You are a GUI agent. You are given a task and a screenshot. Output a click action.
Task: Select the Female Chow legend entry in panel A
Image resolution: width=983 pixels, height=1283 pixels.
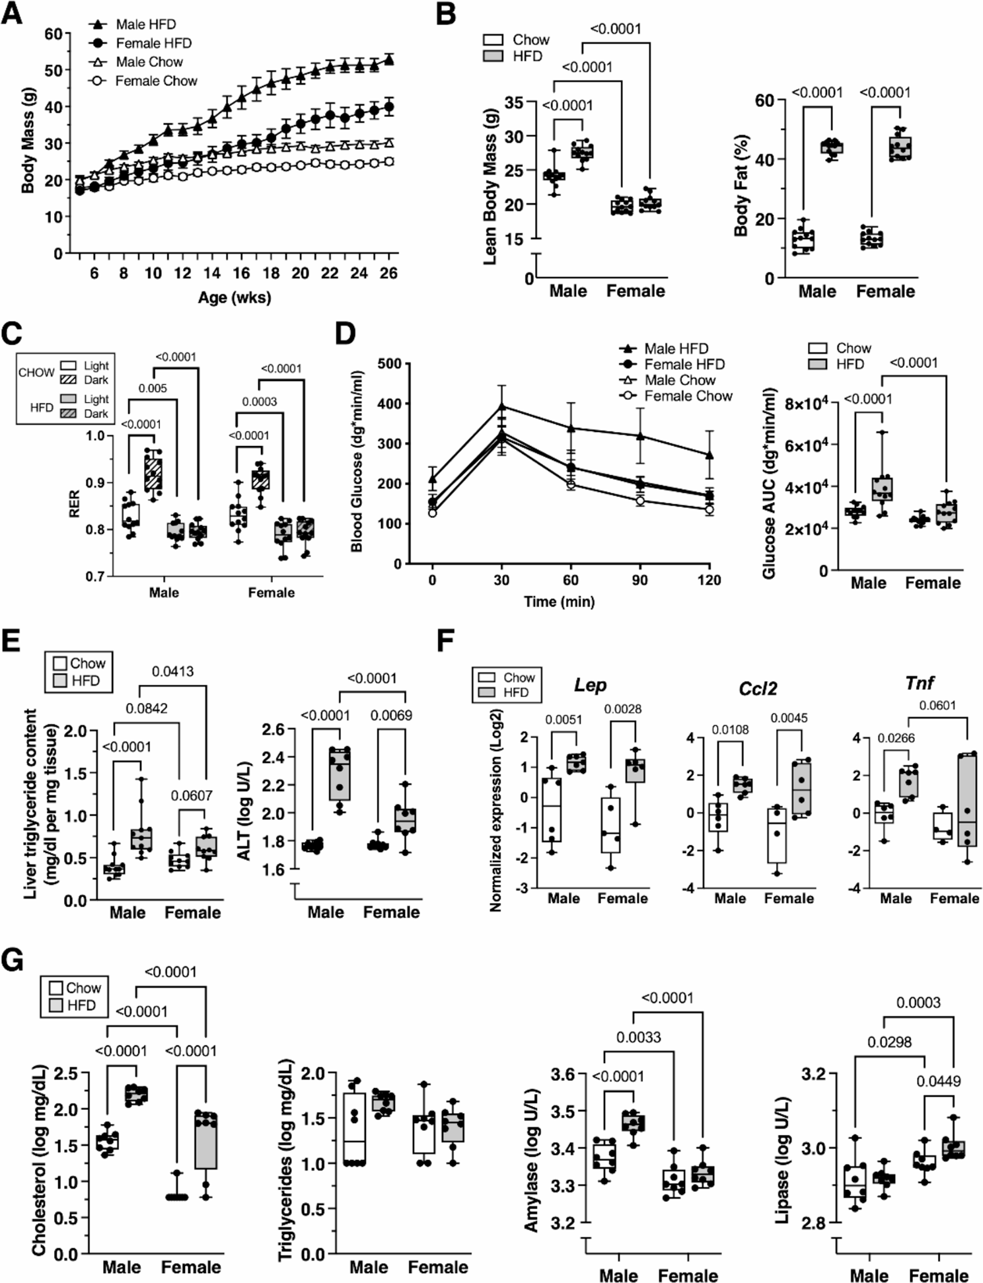[156, 81]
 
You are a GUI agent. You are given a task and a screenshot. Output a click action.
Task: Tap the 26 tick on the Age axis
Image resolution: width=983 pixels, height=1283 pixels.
[388, 274]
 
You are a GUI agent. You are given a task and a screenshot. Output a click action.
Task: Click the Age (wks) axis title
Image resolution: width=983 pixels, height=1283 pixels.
[235, 298]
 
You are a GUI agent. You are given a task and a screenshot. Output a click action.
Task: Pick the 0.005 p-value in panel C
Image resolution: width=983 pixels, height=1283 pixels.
[153, 388]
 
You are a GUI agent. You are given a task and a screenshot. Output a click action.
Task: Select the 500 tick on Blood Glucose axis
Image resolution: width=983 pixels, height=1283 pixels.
[390, 363]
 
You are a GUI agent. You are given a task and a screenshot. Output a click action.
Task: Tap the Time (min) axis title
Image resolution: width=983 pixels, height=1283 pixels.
[559, 602]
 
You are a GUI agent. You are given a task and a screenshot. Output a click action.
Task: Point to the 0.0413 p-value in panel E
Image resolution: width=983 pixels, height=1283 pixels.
[172, 672]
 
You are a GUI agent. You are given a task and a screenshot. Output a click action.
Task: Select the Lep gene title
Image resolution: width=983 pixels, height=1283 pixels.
[590, 686]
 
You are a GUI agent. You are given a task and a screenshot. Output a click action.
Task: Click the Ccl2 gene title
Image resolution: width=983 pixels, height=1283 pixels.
[758, 689]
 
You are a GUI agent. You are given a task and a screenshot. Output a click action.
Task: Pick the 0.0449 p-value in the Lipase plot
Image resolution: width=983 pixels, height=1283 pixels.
[938, 1081]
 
